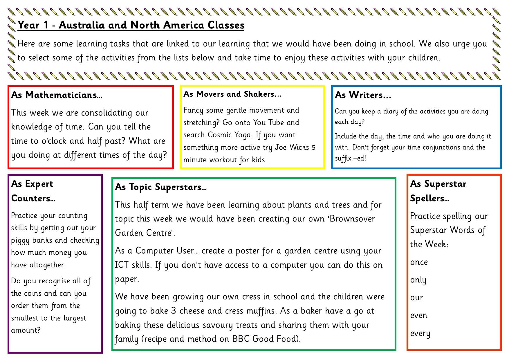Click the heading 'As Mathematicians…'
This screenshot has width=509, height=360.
57,95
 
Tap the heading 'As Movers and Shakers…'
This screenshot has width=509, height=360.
232,94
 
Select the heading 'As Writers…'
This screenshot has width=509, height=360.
363,95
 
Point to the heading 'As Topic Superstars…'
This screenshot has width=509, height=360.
161,187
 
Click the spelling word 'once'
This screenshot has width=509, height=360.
419,262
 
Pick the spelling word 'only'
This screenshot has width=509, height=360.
418,280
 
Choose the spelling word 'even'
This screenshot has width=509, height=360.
419,315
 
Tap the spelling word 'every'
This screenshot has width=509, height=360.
420,333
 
